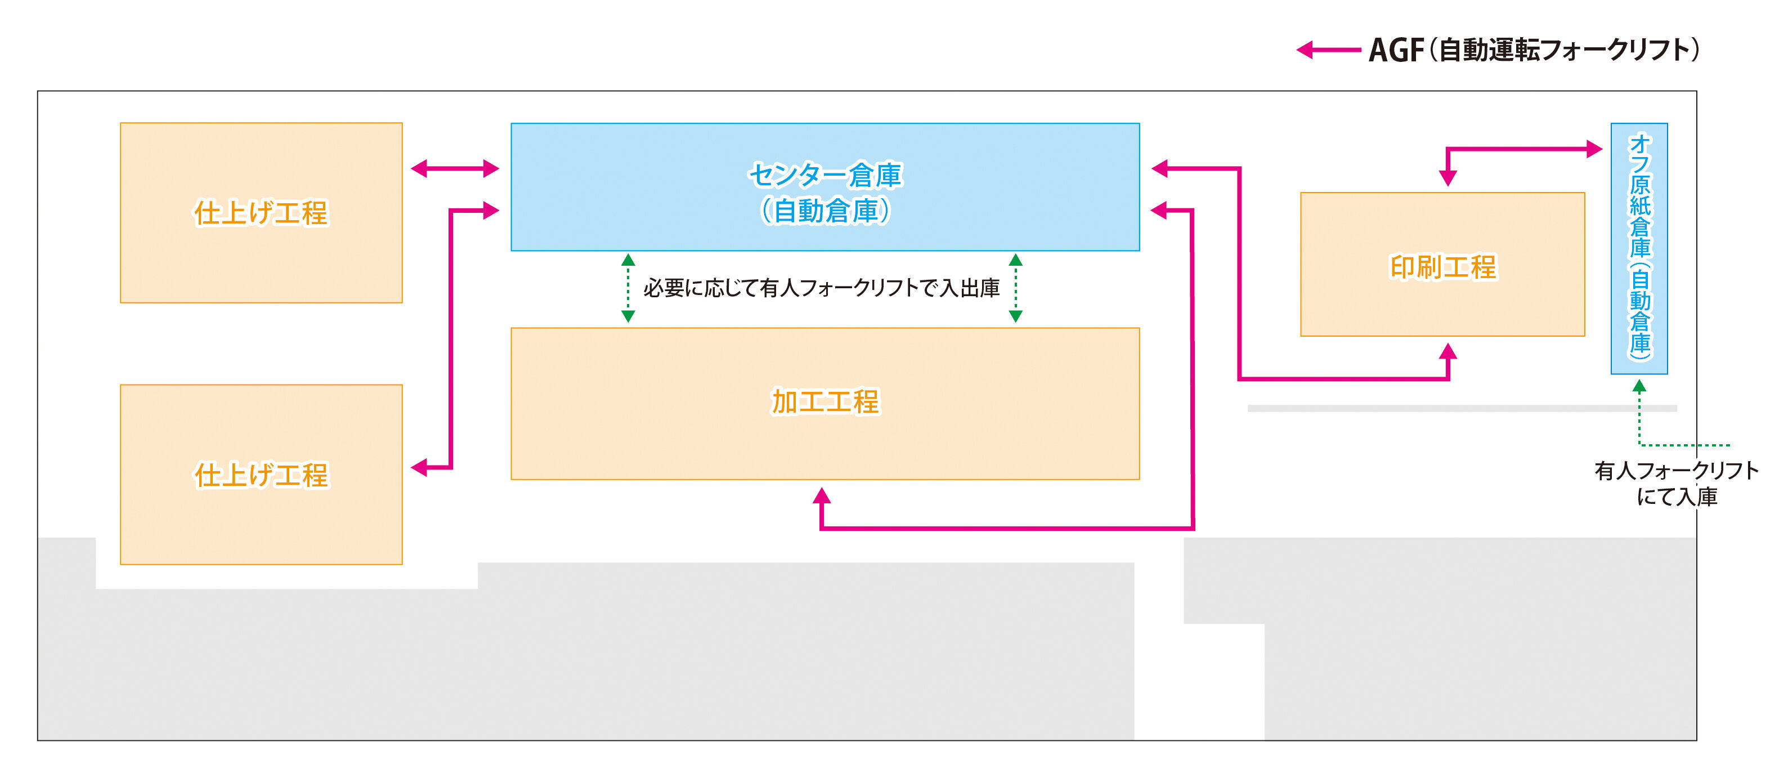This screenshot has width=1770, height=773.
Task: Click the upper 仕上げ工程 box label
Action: (261, 213)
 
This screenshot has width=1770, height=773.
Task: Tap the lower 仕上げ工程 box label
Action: (261, 475)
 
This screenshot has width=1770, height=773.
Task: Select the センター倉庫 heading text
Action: (824, 175)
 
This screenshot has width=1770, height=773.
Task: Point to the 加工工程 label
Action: (825, 402)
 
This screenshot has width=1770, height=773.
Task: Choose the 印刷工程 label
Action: (1442, 267)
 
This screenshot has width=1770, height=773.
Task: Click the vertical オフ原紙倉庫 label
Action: (1639, 244)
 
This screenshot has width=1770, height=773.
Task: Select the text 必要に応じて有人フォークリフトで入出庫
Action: (821, 288)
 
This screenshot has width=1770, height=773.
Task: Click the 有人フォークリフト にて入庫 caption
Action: (1677, 483)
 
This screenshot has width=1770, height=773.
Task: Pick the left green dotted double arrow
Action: (628, 288)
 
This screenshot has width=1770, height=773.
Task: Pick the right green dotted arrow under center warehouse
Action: (1015, 288)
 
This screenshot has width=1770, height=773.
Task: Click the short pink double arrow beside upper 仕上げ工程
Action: (455, 168)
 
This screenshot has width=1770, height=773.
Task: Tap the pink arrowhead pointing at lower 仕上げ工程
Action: (419, 468)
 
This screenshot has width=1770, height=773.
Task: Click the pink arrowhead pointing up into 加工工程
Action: (822, 495)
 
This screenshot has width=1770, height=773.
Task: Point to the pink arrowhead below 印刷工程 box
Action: (1448, 352)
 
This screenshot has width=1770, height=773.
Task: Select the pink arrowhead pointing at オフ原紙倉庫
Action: (1594, 149)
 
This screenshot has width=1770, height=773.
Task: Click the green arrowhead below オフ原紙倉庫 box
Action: (1639, 387)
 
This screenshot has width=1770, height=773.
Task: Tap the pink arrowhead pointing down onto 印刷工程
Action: (1448, 178)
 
